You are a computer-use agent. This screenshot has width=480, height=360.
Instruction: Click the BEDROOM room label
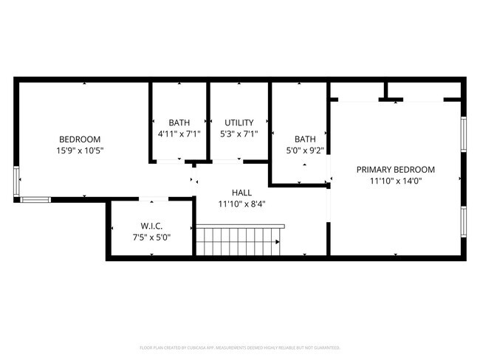pyautogui.click(x=80, y=139)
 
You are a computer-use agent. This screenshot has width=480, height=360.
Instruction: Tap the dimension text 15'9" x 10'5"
pyautogui.click(x=80, y=150)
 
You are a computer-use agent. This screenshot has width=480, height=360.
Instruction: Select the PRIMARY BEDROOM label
pyautogui.click(x=395, y=170)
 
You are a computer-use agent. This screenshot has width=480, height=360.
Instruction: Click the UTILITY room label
pyautogui.click(x=239, y=122)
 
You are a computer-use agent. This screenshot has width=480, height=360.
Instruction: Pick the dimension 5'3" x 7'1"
pyautogui.click(x=239, y=134)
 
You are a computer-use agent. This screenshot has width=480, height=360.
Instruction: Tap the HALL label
pyautogui.click(x=241, y=193)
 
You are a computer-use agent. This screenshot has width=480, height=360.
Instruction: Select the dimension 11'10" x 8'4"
pyautogui.click(x=241, y=204)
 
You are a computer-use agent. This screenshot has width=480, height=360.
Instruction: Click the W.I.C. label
pyautogui.click(x=151, y=226)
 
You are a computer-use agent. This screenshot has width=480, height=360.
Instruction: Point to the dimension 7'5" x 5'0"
pyautogui.click(x=151, y=237)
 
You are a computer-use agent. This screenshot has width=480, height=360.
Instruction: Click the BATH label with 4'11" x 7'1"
pyautogui.click(x=179, y=122)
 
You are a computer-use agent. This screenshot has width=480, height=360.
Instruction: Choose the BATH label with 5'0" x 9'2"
pyautogui.click(x=305, y=139)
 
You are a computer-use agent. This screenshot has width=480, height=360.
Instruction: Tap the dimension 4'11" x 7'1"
pyautogui.click(x=179, y=134)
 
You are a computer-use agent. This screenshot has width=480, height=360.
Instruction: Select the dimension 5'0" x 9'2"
pyautogui.click(x=305, y=150)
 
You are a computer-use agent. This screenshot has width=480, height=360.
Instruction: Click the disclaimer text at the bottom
pyautogui.click(x=240, y=347)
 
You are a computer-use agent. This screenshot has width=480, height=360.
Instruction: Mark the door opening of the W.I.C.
pyautogui.click(x=154, y=198)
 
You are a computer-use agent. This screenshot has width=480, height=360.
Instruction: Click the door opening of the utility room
pyautogui.click(x=226, y=160)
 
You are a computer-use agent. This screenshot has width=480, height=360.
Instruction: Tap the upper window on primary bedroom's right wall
pyautogui.click(x=464, y=134)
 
